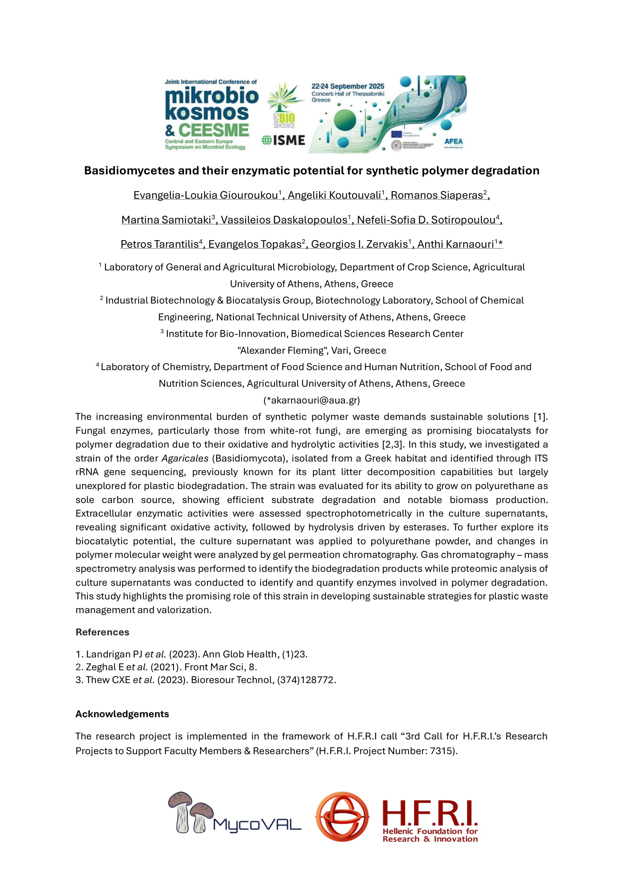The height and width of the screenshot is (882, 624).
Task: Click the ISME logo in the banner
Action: [284, 141]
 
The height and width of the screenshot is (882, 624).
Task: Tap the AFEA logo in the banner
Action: [453, 141]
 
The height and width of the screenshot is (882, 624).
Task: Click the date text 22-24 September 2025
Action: [348, 86]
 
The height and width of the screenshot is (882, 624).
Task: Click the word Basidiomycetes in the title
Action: [129, 170]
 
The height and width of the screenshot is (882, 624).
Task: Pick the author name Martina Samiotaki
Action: [166, 220]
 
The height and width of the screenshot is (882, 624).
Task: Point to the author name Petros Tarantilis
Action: [160, 244]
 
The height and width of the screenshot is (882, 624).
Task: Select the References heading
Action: [102, 632]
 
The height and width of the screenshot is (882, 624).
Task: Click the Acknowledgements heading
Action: [122, 714]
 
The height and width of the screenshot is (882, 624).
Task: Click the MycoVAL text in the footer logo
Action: [257, 824]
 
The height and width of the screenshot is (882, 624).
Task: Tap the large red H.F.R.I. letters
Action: [430, 812]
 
